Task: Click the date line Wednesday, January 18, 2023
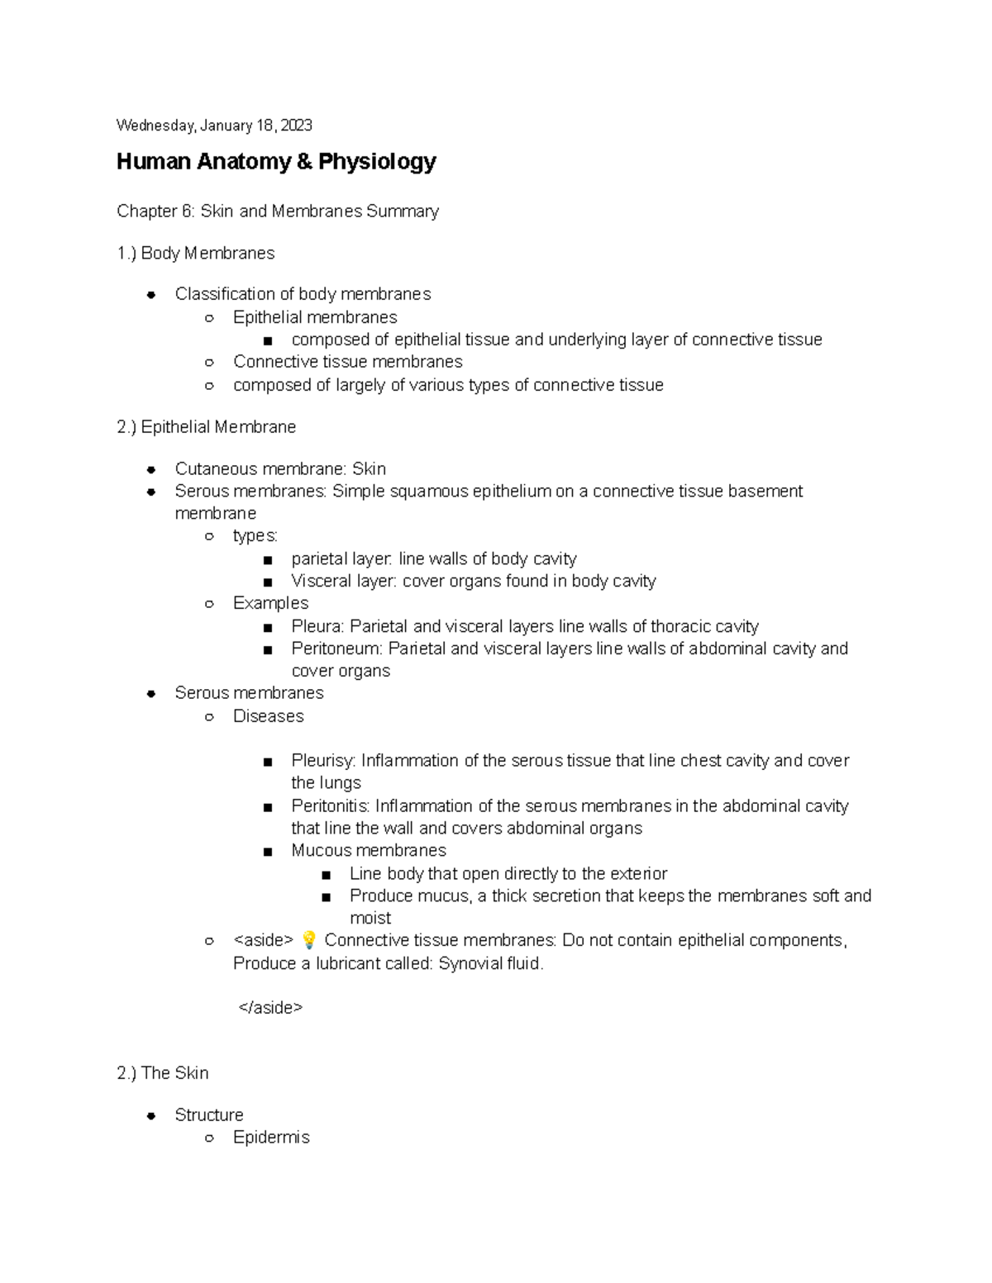pyautogui.click(x=214, y=126)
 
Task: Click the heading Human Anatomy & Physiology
pyautogui.click(x=276, y=161)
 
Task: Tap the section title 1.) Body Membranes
pyautogui.click(x=196, y=254)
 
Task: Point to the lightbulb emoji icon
pyautogui.click(x=309, y=940)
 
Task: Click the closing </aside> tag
pyautogui.click(x=270, y=1007)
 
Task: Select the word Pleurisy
pyautogui.click(x=322, y=761)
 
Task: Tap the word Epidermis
pyautogui.click(x=271, y=1138)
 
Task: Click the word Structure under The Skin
pyautogui.click(x=209, y=1115)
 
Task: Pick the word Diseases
pyautogui.click(x=268, y=716)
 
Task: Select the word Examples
pyautogui.click(x=270, y=603)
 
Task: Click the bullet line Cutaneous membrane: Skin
pyautogui.click(x=280, y=469)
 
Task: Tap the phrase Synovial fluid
pyautogui.click(x=490, y=963)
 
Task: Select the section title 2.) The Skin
pyautogui.click(x=163, y=1073)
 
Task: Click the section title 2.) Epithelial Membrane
pyautogui.click(x=207, y=427)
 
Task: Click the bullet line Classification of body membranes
pyautogui.click(x=303, y=294)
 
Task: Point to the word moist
pyautogui.click(x=370, y=918)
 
